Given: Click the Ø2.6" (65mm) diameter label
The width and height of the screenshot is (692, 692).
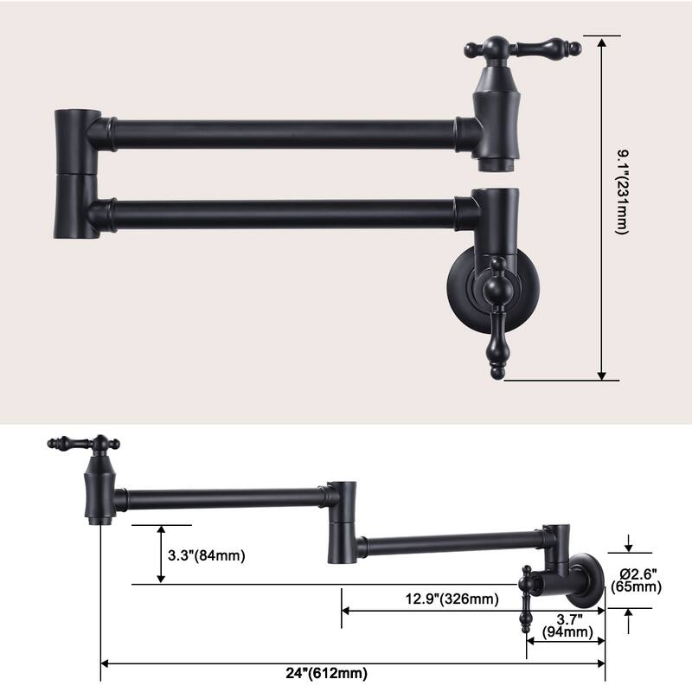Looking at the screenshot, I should [x=637, y=580].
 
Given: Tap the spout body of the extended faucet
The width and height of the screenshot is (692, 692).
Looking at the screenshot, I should [x=99, y=489].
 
